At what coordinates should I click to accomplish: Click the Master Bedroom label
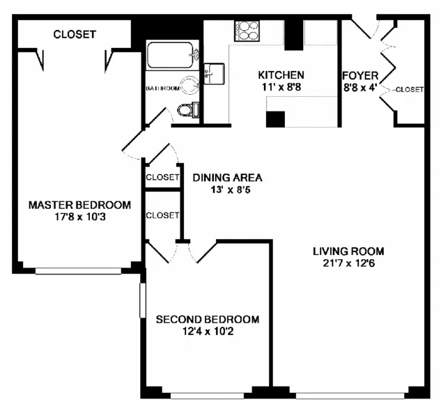pos(79,205)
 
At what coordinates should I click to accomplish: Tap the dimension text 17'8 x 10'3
pos(79,217)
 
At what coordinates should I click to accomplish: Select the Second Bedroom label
pos(207,320)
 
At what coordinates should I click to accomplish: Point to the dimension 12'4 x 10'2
pos(207,332)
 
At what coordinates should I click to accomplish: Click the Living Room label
pos(348,251)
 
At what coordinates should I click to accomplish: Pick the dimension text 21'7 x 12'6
pos(348,263)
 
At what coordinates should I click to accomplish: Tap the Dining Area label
pos(228,177)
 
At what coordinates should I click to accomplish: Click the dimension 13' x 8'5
pos(228,189)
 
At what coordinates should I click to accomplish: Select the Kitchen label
pos(281,75)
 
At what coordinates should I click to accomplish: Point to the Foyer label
pos(360,75)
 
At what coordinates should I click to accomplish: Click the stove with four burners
pos(247,31)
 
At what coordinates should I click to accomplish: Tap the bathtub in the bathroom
pos(171,55)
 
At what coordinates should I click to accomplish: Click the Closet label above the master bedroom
pos(75,34)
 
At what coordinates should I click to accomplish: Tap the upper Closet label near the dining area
pos(162,177)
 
